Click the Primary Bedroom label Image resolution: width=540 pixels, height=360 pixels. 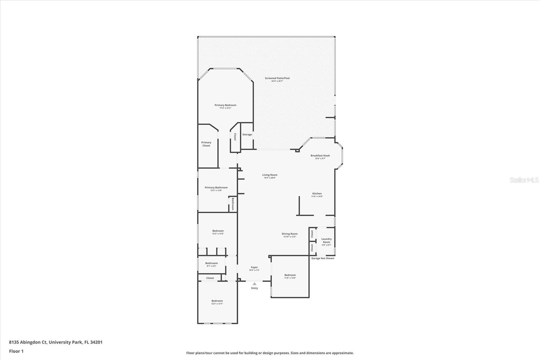(x=225, y=105)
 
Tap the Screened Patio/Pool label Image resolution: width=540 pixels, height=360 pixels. (x=277, y=78)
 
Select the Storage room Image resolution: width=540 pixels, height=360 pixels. (x=247, y=134)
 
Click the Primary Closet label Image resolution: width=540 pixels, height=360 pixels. (x=206, y=144)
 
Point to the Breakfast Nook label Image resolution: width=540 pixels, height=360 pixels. (x=320, y=156)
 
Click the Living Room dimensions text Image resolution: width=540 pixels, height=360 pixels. (x=270, y=178)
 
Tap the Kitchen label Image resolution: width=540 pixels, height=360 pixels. (x=317, y=194)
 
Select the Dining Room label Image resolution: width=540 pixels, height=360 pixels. (x=290, y=234)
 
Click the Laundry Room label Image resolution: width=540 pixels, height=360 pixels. (x=326, y=240)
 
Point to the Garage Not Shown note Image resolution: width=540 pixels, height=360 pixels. (x=323, y=258)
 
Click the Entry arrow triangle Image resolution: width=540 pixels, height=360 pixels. (x=254, y=284)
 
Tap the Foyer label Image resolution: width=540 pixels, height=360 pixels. (x=254, y=267)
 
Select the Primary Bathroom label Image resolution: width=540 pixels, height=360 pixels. (x=216, y=187)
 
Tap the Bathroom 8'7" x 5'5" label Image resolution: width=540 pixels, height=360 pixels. (x=212, y=263)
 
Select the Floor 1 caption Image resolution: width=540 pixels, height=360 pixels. (x=16, y=351)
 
